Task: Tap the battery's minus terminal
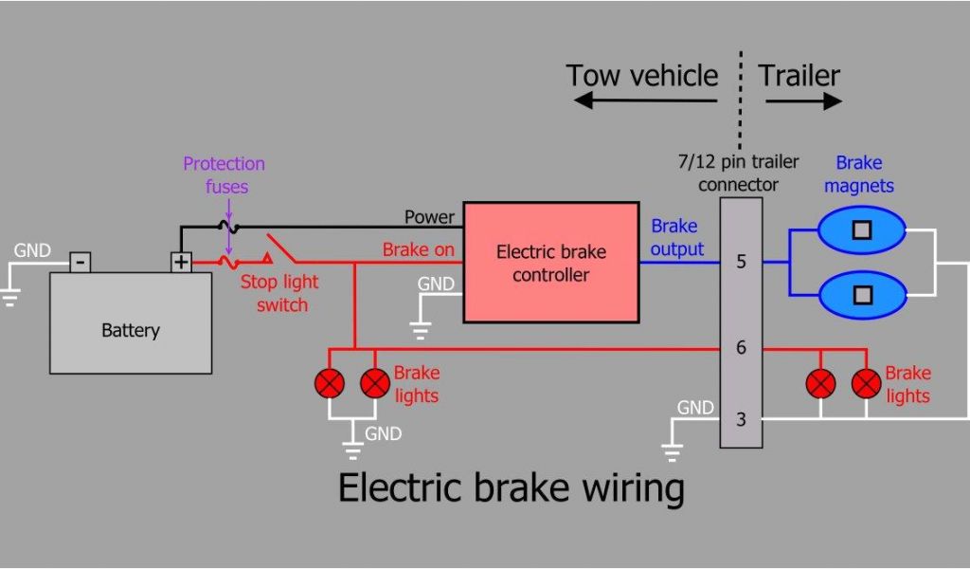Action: (81, 261)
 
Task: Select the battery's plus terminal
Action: (181, 261)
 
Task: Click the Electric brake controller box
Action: (550, 263)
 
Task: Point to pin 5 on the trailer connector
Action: (741, 262)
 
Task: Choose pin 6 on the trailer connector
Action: (741, 348)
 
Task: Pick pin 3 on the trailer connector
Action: (741, 417)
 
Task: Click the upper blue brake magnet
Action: (862, 229)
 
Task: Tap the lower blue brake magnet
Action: (862, 294)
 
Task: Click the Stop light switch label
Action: (279, 293)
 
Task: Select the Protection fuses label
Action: (225, 175)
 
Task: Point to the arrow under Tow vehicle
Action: (644, 101)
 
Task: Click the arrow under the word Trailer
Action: (803, 101)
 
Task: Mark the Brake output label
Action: (676, 238)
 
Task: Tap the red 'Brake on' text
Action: (418, 250)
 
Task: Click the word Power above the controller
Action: (429, 217)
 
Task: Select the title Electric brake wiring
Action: (511, 488)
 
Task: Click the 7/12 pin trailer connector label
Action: (738, 173)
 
